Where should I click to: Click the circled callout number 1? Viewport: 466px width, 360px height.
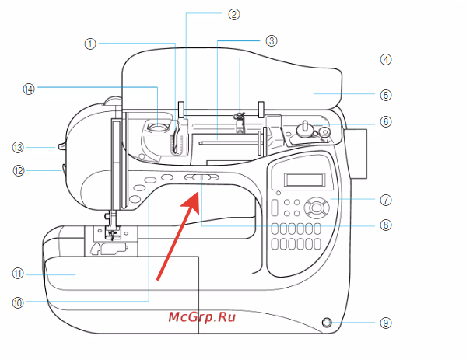[x=90, y=44]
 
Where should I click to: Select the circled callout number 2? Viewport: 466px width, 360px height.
[x=234, y=14]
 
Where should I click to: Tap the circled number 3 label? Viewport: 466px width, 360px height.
[x=272, y=40]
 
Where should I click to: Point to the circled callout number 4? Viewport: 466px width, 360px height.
[x=386, y=59]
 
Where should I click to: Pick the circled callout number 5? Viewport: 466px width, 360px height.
[x=386, y=95]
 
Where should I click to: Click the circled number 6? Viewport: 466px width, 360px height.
[x=386, y=122]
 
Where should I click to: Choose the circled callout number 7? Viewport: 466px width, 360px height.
[x=386, y=200]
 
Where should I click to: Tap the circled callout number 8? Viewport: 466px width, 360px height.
[x=386, y=225]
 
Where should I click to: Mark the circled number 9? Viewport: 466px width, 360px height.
[x=386, y=323]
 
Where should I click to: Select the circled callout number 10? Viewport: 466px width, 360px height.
[x=18, y=302]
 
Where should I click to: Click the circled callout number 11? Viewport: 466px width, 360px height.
[x=18, y=274]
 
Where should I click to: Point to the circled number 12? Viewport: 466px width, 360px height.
[x=19, y=171]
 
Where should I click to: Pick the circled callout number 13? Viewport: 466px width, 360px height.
[x=18, y=147]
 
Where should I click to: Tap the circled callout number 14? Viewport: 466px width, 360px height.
[x=29, y=89]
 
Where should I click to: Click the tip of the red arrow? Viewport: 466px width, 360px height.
[x=198, y=192]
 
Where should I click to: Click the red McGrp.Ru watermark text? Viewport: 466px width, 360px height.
[x=201, y=317]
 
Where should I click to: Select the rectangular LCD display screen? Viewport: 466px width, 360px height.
[x=305, y=180]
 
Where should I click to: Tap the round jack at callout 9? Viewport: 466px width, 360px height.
[x=326, y=322]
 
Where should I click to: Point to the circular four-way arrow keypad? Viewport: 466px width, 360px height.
[x=317, y=208]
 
